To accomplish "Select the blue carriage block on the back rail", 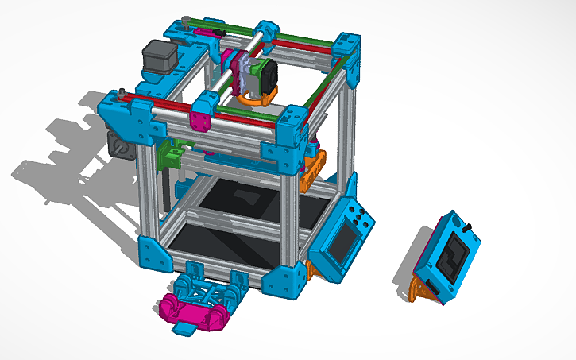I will (267, 33).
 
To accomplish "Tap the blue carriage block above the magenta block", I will (205, 103).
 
